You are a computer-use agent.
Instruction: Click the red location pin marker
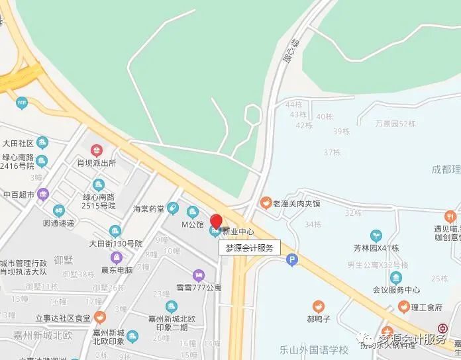pos(217,220)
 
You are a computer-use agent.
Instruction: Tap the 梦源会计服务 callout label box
pos(249,247)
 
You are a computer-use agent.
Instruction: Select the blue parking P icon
pos(291,261)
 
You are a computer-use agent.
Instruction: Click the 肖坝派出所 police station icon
pos(97,150)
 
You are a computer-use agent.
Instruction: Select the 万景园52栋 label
pos(395,123)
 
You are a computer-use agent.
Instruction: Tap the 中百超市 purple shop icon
pos(44,195)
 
